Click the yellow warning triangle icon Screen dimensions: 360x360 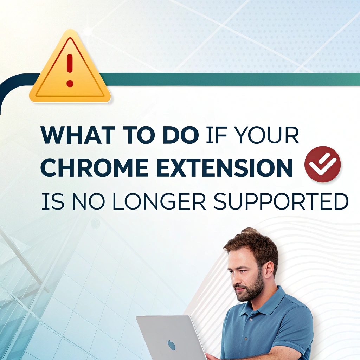pyautogui.click(x=70, y=68)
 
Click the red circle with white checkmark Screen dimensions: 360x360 pyautogui.click(x=322, y=164)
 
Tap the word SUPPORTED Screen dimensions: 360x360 pyautogui.click(x=281, y=201)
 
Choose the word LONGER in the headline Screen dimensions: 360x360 pyautogui.click(x=159, y=201)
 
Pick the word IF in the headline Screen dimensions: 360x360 pyautogui.click(x=217, y=135)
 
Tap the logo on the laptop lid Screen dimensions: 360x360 pyautogui.click(x=171, y=345)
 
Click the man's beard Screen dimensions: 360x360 pyautogui.click(x=250, y=290)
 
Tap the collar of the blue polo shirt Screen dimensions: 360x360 pyautogui.click(x=264, y=303)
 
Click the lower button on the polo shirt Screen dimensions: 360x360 pyautogui.click(x=246, y=339)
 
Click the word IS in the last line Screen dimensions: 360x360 pyautogui.click(x=53, y=201)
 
